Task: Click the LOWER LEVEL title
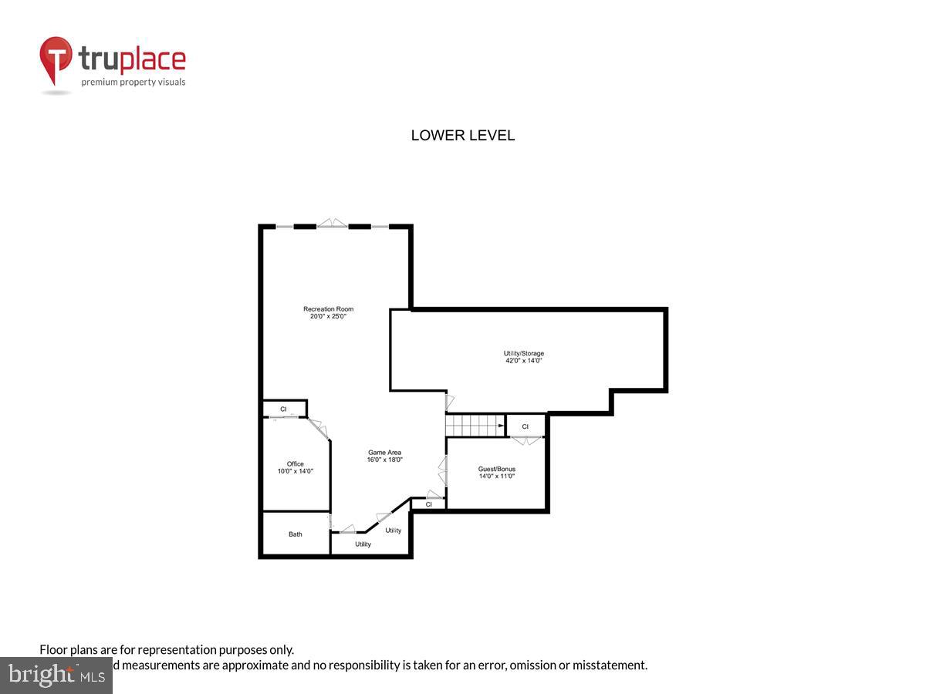pyautogui.click(x=462, y=136)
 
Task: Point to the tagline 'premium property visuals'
pyautogui.click(x=133, y=82)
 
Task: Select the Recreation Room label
pyautogui.click(x=328, y=309)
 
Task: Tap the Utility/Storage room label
pyautogui.click(x=524, y=354)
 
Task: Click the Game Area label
pyautogui.click(x=384, y=453)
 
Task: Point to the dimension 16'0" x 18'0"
pyautogui.click(x=384, y=460)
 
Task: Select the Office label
pyautogui.click(x=295, y=464)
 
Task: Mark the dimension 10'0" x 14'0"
pyautogui.click(x=295, y=471)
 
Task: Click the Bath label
pyautogui.click(x=296, y=534)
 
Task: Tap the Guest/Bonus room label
pyautogui.click(x=497, y=469)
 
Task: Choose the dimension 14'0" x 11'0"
pyautogui.click(x=497, y=476)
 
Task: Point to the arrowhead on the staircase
pyautogui.click(x=501, y=425)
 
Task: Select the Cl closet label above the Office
pyautogui.click(x=283, y=409)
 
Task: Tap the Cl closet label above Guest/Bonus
pyautogui.click(x=526, y=426)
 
